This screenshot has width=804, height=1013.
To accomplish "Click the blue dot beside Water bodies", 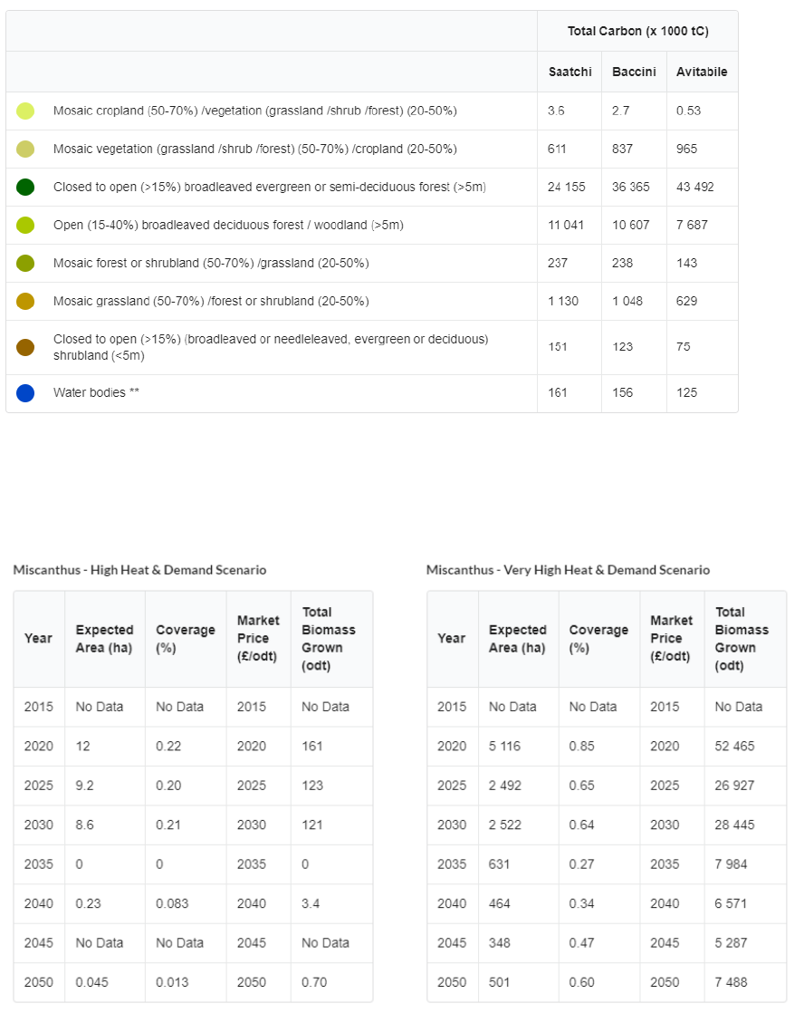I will (x=25, y=393).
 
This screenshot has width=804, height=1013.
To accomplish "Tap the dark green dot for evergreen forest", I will (x=25, y=187).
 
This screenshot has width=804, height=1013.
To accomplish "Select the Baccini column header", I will (x=634, y=72).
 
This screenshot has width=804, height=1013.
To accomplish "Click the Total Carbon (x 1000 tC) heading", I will (x=637, y=31).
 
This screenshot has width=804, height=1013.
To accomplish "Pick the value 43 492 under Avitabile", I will (x=694, y=187).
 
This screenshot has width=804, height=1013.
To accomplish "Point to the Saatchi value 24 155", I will (x=566, y=187).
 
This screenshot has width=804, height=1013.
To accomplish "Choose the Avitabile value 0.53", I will (x=688, y=111).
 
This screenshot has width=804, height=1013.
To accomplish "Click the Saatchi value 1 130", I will (x=562, y=301).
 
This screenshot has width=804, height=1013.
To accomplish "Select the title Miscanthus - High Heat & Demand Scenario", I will (x=139, y=570).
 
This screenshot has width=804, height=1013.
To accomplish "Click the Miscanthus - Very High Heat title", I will (x=568, y=570).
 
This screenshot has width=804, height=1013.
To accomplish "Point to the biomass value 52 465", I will (x=734, y=746).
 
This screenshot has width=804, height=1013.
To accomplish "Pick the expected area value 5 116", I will (x=505, y=746).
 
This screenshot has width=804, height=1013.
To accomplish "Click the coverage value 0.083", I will (x=172, y=903).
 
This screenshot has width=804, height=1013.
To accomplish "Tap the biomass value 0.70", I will (x=314, y=982).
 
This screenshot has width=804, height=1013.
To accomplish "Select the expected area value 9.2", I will (x=84, y=786).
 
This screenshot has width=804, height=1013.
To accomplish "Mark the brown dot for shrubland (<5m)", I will (x=25, y=347).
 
